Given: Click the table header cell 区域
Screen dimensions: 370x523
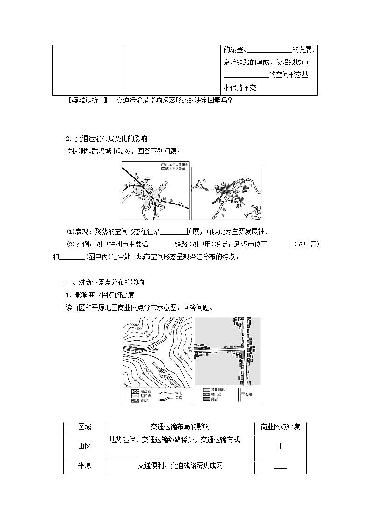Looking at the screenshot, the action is click(x=85, y=427).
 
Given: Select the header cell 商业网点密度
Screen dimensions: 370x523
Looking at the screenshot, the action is click(x=280, y=427).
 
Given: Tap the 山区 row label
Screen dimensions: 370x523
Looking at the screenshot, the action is click(x=85, y=446).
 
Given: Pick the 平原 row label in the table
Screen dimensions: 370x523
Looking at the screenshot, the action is click(x=85, y=466).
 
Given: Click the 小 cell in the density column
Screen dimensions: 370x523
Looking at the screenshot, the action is click(x=280, y=446).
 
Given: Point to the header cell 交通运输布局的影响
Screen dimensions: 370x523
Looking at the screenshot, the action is click(x=180, y=427).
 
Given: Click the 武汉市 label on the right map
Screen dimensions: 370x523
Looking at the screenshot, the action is click(x=238, y=191).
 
